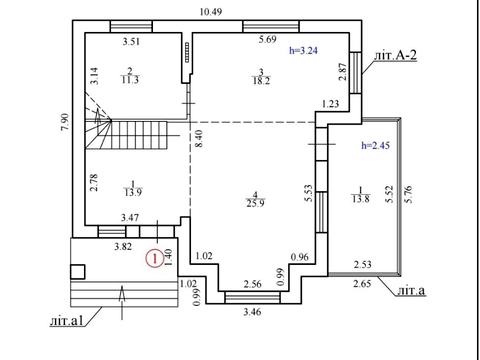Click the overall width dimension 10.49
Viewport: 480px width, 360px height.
pyautogui.click(x=211, y=12)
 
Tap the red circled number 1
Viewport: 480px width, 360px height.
pyautogui.click(x=155, y=258)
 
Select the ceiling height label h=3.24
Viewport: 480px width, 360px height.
pyautogui.click(x=303, y=51)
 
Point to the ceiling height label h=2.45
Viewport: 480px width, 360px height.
pyautogui.click(x=376, y=145)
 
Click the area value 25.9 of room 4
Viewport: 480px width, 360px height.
pyautogui.click(x=256, y=203)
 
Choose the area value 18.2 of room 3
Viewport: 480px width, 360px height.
pyautogui.click(x=261, y=81)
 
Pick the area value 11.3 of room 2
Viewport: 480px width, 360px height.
pyautogui.click(x=130, y=80)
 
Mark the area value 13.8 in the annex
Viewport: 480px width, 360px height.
pyautogui.click(x=361, y=199)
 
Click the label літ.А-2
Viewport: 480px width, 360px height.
pyautogui.click(x=395, y=55)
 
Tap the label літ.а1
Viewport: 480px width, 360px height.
pyautogui.click(x=66, y=321)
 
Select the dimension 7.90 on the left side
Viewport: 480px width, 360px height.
pyautogui.click(x=65, y=123)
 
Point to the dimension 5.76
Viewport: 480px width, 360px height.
pyautogui.click(x=409, y=194)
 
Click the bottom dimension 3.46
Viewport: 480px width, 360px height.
pyautogui.click(x=252, y=312)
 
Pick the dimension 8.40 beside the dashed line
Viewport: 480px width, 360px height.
pyautogui.click(x=200, y=139)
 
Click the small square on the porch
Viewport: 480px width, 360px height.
pyautogui.click(x=78, y=272)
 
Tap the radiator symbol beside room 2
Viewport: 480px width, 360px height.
pyautogui.click(x=187, y=52)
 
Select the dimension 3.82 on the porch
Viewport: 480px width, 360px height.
pyautogui.click(x=123, y=247)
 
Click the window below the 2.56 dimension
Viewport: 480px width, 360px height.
pyautogui.click(x=252, y=297)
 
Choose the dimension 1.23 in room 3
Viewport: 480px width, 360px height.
pyautogui.click(x=330, y=104)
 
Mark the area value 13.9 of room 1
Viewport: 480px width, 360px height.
pyautogui.click(x=133, y=192)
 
